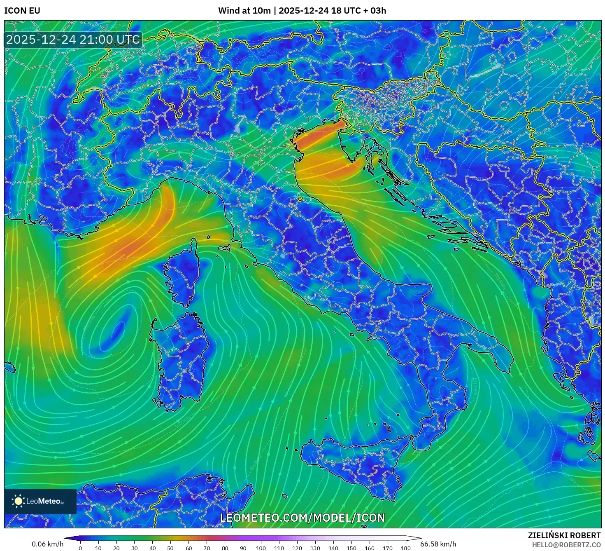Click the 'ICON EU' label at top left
(22, 11)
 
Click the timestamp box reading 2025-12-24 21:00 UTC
(73, 40)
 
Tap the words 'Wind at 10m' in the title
(244, 11)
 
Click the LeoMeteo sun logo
(18, 501)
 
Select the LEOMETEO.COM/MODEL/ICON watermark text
(302, 518)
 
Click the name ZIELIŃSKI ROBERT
(564, 535)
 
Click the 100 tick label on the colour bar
(261, 548)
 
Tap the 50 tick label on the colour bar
(170, 548)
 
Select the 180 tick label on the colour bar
(406, 548)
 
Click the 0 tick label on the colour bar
(80, 548)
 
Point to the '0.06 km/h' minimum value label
(48, 544)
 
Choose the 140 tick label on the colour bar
(333, 548)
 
